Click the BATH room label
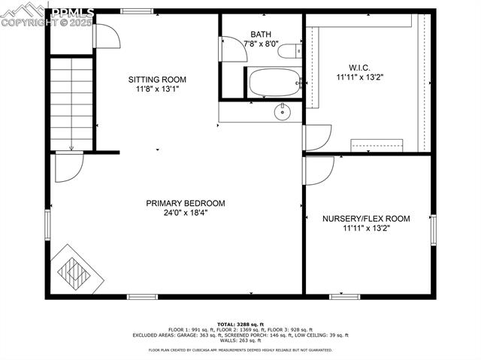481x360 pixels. click(262, 35)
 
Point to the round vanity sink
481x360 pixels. click(282, 113)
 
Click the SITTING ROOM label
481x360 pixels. click(157, 80)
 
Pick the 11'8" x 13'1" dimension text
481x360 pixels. click(157, 89)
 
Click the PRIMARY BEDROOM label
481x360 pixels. click(186, 203)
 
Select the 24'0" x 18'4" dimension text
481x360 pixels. click(186, 213)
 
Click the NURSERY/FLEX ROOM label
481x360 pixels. click(367, 219)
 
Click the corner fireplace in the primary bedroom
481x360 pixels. click(76, 269)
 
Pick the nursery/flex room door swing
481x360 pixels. click(318, 168)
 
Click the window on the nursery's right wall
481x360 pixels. click(433, 229)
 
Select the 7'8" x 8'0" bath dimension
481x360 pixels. click(262, 44)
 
